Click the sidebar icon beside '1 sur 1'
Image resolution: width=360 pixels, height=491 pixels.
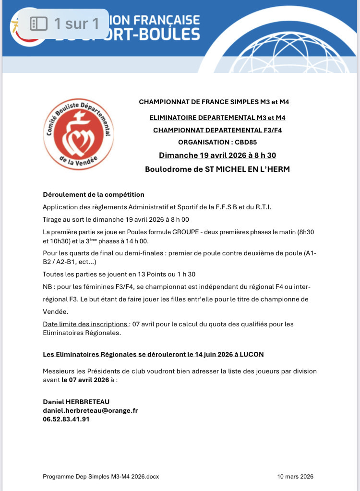point(38,23)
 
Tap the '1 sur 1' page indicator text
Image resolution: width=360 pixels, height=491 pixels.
point(76,23)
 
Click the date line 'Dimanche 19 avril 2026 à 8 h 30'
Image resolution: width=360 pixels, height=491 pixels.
point(217,155)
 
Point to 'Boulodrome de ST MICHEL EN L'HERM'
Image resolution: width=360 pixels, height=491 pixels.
point(217,169)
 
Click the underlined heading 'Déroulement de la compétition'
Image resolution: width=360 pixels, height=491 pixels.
point(94,194)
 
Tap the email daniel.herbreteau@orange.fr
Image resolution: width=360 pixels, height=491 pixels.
point(90,410)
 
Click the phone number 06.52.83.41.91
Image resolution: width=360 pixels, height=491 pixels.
point(66,419)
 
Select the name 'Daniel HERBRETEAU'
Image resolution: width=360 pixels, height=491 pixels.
point(72,402)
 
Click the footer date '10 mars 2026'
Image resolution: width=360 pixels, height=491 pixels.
point(295,477)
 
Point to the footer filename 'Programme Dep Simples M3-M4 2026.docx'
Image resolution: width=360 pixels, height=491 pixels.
point(101,477)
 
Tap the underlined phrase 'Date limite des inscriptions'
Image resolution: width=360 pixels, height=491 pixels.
point(85,324)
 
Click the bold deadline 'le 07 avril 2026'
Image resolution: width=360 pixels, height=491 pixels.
point(85,379)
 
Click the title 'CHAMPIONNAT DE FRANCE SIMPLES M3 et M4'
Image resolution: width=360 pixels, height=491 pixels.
point(214,102)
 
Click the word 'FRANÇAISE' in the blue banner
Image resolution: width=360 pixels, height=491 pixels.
point(168,20)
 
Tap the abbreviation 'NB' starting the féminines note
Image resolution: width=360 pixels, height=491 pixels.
point(48,287)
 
